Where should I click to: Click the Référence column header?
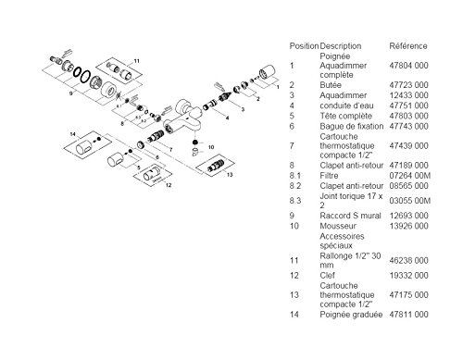click(x=408, y=46)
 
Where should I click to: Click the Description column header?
click(x=341, y=46)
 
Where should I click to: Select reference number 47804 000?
click(x=408, y=66)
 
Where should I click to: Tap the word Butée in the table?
click(x=331, y=85)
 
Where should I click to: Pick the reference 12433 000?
click(x=408, y=95)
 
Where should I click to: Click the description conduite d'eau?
click(x=346, y=106)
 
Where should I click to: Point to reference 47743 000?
click(x=408, y=126)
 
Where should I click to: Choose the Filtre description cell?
click(x=329, y=176)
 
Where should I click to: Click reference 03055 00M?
click(x=409, y=201)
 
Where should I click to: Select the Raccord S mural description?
click(x=350, y=216)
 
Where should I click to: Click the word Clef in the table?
click(x=327, y=275)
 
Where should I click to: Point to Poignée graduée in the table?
click(x=351, y=315)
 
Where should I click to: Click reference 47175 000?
click(x=408, y=294)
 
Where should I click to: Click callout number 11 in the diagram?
click(x=136, y=61)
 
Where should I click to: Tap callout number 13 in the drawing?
click(x=230, y=175)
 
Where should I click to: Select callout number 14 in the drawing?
click(x=72, y=134)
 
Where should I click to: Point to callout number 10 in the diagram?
click(x=211, y=147)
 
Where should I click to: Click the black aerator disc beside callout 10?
click(x=194, y=143)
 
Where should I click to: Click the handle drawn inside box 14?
click(x=83, y=147)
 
